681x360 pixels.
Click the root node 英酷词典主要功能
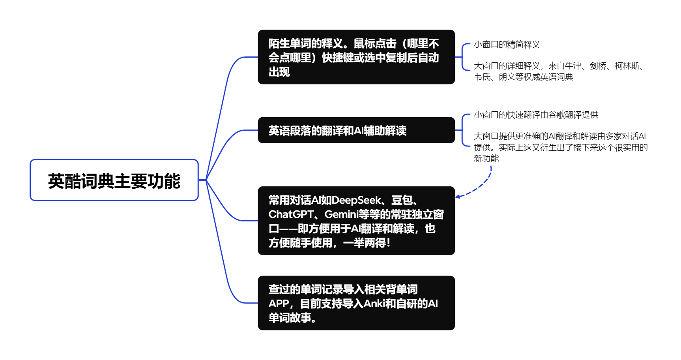click(x=114, y=180)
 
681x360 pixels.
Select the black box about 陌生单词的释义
click(x=356, y=57)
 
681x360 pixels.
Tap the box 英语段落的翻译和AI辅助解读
click(x=356, y=130)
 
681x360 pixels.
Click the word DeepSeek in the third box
click(x=357, y=201)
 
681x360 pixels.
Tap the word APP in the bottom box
click(x=279, y=304)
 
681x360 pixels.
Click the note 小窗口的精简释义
click(x=507, y=45)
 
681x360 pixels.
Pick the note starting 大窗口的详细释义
click(x=558, y=71)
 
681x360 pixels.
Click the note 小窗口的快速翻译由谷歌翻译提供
click(x=536, y=115)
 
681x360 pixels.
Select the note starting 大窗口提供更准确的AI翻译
click(x=560, y=147)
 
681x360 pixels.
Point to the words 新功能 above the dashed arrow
click(x=486, y=159)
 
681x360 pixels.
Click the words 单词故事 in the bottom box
click(x=290, y=318)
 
